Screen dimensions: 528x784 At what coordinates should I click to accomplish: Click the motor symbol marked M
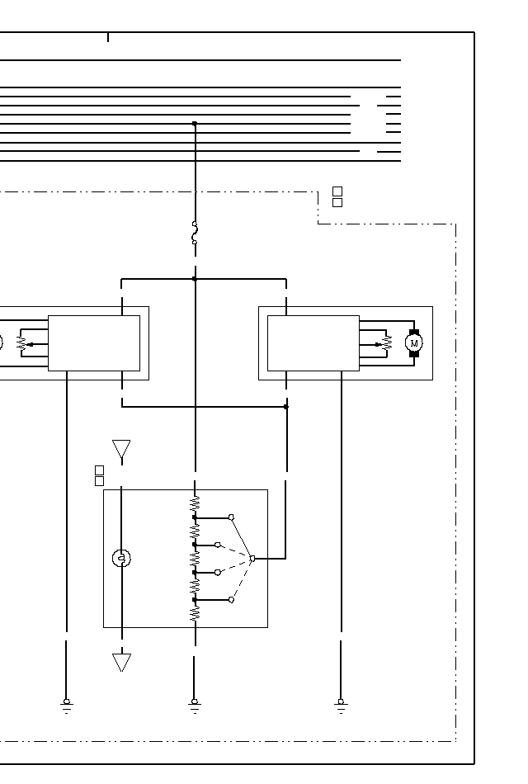click(x=414, y=343)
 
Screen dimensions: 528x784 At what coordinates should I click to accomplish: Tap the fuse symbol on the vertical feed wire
click(x=195, y=233)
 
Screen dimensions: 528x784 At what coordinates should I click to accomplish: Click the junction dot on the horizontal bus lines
click(x=195, y=123)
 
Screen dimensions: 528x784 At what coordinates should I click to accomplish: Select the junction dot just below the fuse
click(x=195, y=279)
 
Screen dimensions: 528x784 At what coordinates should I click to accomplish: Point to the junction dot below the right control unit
click(x=286, y=407)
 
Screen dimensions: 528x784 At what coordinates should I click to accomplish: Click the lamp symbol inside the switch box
click(x=121, y=558)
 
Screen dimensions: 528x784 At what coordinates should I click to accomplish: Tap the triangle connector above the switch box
click(x=121, y=449)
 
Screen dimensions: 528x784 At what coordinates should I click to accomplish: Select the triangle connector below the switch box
click(x=121, y=662)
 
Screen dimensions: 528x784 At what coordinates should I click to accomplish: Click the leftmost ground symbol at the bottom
click(x=67, y=706)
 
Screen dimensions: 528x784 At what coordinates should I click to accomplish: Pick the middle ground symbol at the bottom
click(x=195, y=706)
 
